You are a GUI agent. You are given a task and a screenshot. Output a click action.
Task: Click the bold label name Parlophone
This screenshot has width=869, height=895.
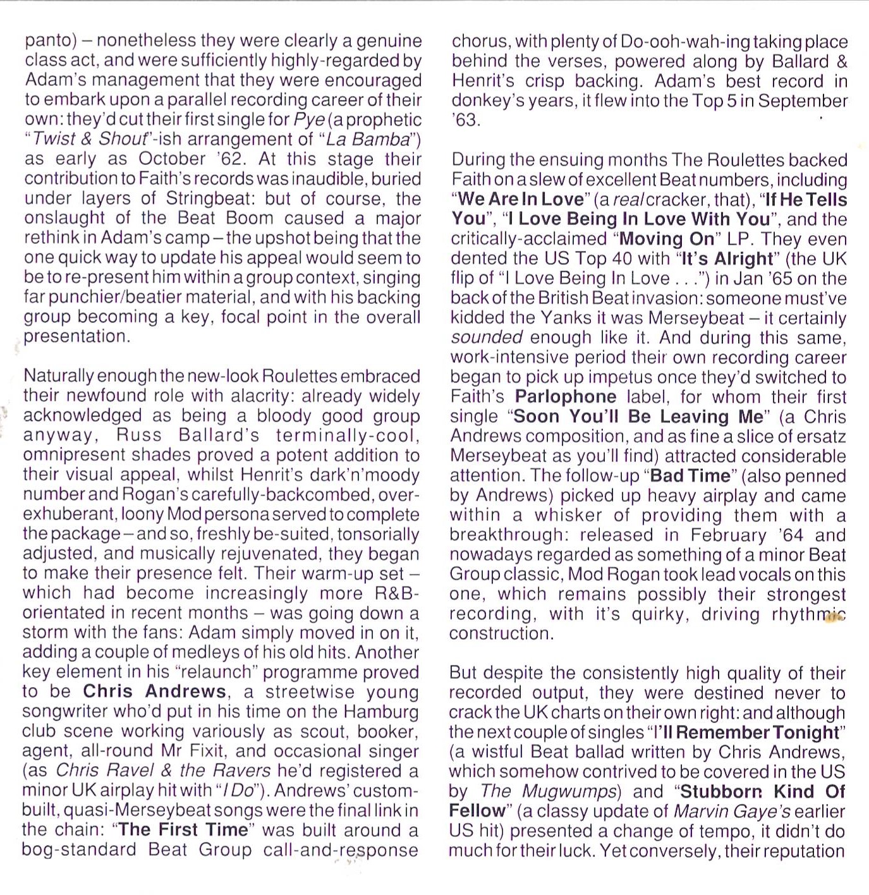click(566, 397)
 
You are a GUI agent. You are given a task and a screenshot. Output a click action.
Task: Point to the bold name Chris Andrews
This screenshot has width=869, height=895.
click(154, 691)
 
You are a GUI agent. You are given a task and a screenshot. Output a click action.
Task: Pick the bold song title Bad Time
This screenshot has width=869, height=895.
click(690, 475)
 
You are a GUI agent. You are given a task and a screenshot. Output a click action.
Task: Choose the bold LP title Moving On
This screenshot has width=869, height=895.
click(667, 239)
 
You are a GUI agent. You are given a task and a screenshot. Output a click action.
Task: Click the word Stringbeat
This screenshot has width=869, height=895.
click(209, 198)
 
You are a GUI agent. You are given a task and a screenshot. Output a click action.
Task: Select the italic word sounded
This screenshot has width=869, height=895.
click(487, 338)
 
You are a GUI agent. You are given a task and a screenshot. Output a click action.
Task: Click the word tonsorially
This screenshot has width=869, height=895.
click(378, 534)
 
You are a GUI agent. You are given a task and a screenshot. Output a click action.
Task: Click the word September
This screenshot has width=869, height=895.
click(803, 101)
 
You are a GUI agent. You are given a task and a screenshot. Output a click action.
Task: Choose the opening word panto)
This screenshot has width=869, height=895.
click(51, 41)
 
